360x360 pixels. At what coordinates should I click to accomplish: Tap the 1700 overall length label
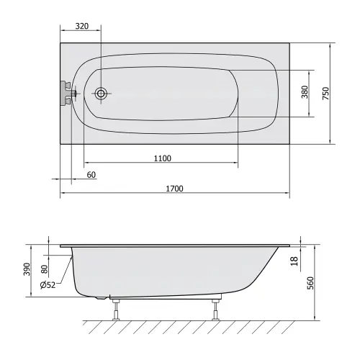pyautogui.click(x=174, y=189)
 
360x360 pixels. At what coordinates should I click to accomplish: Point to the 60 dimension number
pyautogui.click(x=91, y=175)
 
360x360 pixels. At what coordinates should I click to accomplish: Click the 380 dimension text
pyautogui.click(x=305, y=93)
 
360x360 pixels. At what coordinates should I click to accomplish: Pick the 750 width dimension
pyautogui.click(x=325, y=93)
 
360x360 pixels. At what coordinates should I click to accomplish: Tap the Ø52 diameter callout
pyautogui.click(x=49, y=284)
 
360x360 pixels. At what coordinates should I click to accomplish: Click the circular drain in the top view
pyautogui.click(x=102, y=93)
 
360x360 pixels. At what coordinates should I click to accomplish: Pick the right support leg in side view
pyautogui.click(x=214, y=307)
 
